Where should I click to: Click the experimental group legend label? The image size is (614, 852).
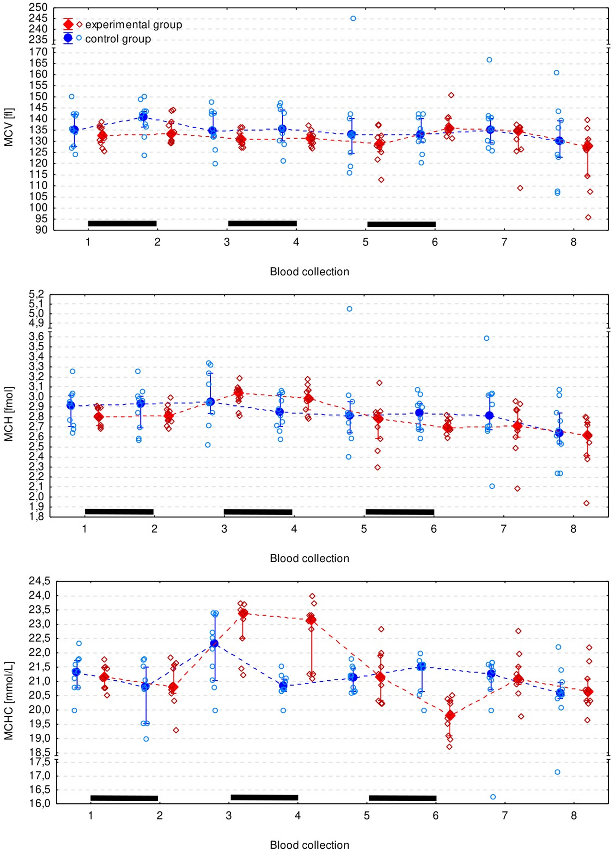pyautogui.click(x=134, y=25)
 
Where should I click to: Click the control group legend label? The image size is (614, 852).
pyautogui.click(x=118, y=39)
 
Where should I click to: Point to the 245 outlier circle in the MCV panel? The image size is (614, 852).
pyautogui.click(x=353, y=19)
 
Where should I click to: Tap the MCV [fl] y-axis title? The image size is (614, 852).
pyautogui.click(x=9, y=127)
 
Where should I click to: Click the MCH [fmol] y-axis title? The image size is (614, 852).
pyautogui.click(x=9, y=414)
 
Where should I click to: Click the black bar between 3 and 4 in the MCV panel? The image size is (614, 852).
pyautogui.click(x=262, y=224)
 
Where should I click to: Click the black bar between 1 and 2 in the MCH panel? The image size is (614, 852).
pyautogui.click(x=119, y=511)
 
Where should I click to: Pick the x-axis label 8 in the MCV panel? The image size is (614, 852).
pyautogui.click(x=573, y=242)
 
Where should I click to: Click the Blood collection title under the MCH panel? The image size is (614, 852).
pyautogui.click(x=309, y=558)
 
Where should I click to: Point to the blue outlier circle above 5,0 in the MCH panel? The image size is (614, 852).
pyautogui.click(x=349, y=309)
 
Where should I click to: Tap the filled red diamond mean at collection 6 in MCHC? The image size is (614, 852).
pyautogui.click(x=450, y=716)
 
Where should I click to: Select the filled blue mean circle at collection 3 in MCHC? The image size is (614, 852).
pyautogui.click(x=214, y=644)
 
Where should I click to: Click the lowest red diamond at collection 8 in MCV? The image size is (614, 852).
pyautogui.click(x=588, y=217)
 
